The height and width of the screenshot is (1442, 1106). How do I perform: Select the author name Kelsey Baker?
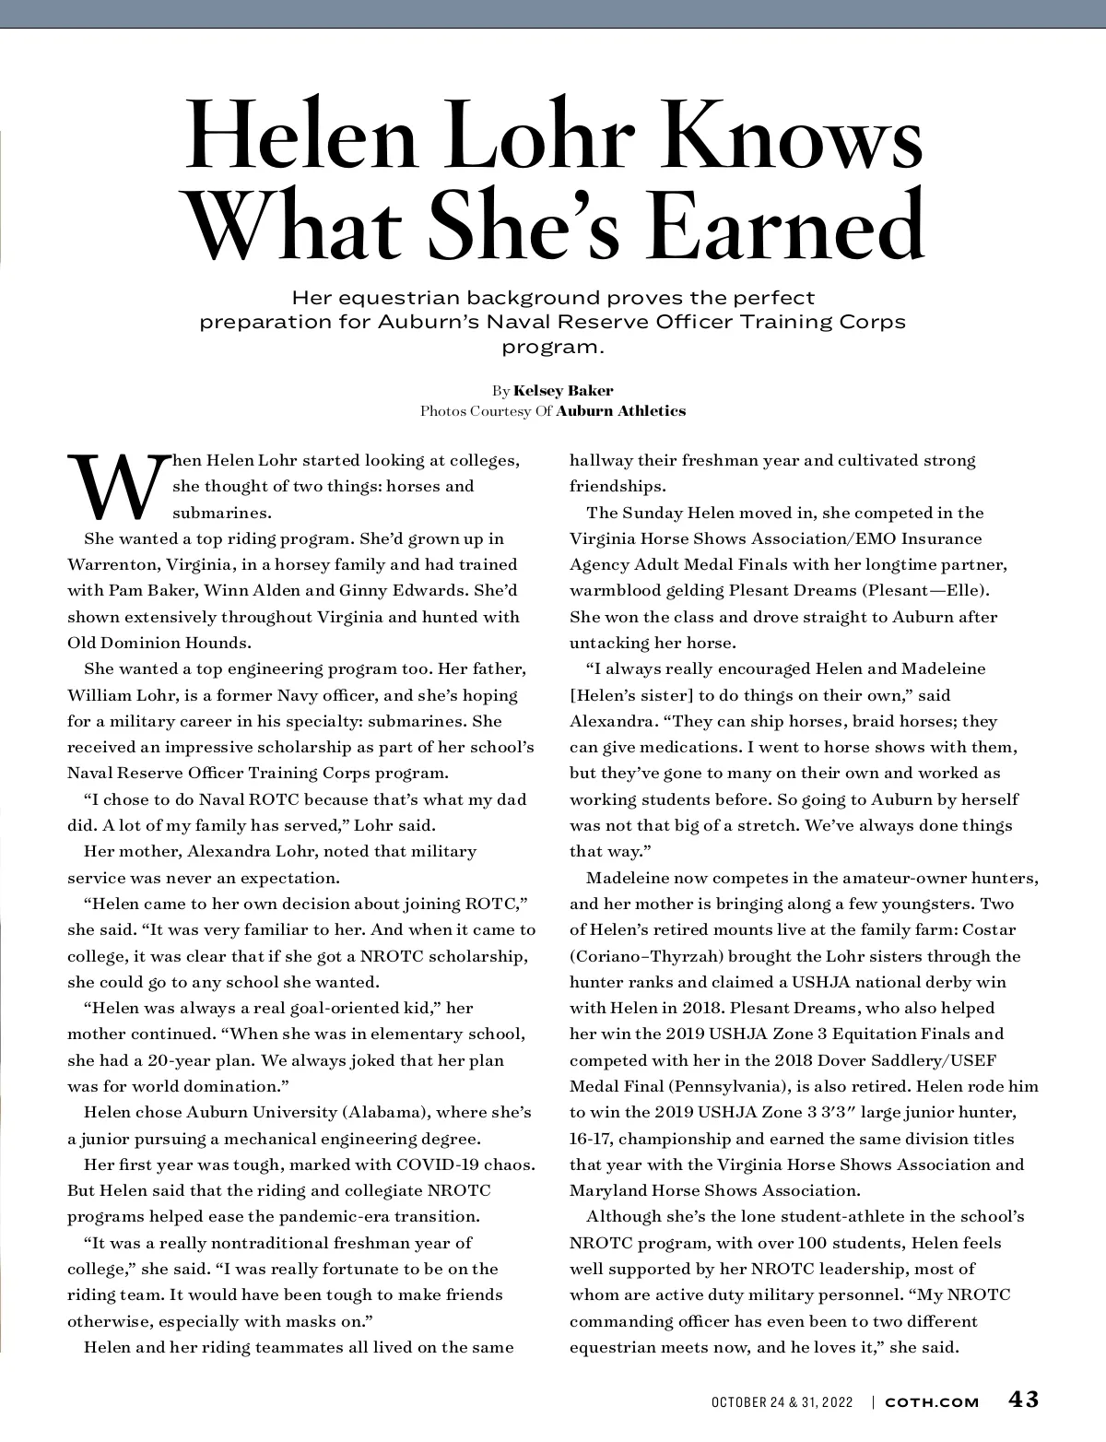(x=563, y=390)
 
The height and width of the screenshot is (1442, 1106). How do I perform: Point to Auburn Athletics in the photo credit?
(x=621, y=411)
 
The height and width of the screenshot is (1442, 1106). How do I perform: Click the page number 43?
(x=1023, y=1400)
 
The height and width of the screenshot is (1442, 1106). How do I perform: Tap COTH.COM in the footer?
(x=932, y=1402)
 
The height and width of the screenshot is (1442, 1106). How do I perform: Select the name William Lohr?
(x=113, y=695)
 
